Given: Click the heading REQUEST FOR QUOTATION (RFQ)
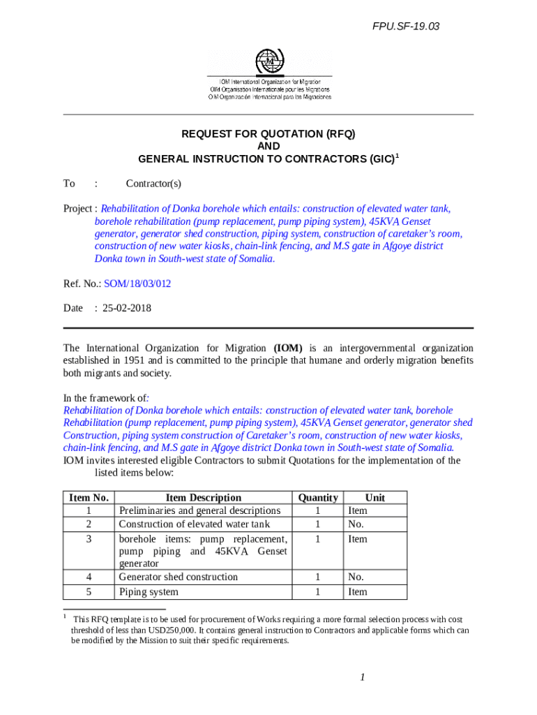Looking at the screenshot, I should (x=268, y=133).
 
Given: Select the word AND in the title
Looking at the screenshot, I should (x=268, y=146).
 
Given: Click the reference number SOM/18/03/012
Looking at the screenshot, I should (x=137, y=284).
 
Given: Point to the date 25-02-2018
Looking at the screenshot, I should (x=127, y=308).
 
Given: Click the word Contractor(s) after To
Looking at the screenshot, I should (x=153, y=184).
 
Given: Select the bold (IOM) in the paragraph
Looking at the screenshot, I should (x=287, y=348).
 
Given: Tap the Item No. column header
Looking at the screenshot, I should (x=89, y=498).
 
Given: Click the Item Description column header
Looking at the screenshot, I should (x=203, y=498).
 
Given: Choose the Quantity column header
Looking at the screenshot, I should (x=318, y=498).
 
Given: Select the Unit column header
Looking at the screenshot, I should (x=375, y=498).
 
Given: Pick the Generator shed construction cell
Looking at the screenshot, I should (x=179, y=577).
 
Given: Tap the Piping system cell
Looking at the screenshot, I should (x=149, y=592).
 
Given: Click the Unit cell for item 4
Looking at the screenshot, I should (x=356, y=577).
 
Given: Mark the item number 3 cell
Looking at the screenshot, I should (x=89, y=540).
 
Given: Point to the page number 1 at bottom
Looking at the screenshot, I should (x=363, y=677).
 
